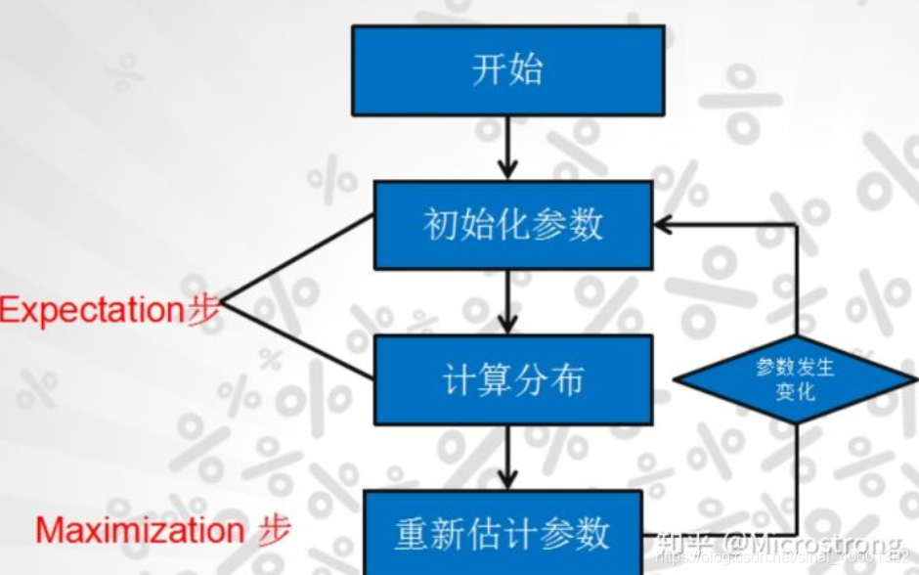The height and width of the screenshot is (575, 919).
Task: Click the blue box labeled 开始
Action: pos(508,70)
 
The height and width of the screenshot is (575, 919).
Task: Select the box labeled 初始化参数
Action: pos(513,225)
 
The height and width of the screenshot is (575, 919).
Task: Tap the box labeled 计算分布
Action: pos(513,379)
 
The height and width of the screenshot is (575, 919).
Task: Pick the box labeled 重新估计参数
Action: pos(503,533)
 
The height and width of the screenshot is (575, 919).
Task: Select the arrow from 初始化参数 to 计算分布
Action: pos(508,301)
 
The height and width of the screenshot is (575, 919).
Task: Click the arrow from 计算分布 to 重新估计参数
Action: pos(508,457)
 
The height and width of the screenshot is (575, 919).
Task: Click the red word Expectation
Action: pos(92,310)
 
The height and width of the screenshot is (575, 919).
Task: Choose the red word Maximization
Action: pos(139,531)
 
